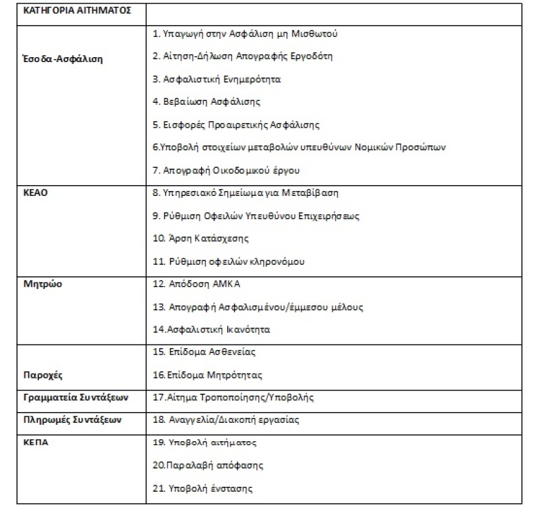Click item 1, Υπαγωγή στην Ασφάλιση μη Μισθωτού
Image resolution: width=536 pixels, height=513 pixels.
[x=245, y=33]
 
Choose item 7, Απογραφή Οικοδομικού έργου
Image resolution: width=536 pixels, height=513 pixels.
[x=227, y=170]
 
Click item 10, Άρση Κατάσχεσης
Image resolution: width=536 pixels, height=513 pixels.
[x=201, y=238]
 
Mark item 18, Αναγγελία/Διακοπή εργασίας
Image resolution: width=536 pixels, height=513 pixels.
[x=225, y=420]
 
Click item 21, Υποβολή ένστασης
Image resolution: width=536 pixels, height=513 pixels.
[x=202, y=488]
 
